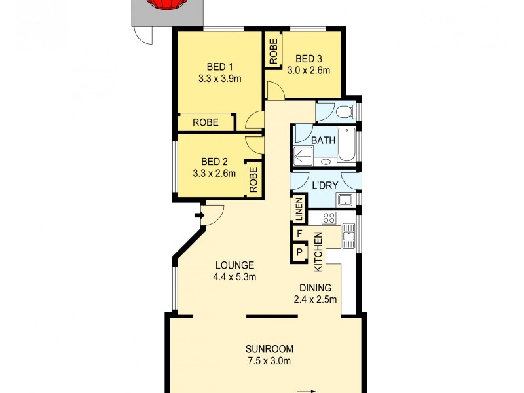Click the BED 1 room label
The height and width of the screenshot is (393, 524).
[220, 67]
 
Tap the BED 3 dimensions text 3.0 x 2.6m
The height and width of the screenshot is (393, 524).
[308, 71]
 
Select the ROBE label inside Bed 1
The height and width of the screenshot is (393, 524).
[205, 122]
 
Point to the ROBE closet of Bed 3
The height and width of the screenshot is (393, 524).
[273, 50]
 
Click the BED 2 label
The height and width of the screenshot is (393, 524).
[214, 162]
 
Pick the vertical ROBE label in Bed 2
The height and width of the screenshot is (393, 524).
[253, 179]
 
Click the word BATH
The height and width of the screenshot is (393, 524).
[323, 140]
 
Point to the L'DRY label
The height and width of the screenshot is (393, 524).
[325, 185]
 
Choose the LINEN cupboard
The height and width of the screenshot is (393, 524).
[299, 210]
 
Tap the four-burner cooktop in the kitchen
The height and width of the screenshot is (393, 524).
[329, 218]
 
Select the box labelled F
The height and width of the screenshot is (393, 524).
[299, 233]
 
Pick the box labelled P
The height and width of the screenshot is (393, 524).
[299, 252]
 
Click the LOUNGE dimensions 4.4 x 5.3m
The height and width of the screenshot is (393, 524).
[234, 277]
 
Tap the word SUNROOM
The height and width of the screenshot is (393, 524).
[269, 348]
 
